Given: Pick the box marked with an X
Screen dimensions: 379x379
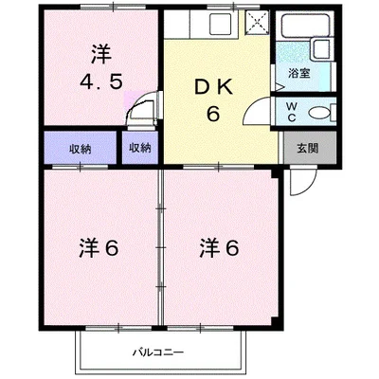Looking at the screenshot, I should [x=257, y=24].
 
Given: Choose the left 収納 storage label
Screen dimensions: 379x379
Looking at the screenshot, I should [x=80, y=149].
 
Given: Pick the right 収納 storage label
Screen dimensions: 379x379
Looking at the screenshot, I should [x=139, y=149].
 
